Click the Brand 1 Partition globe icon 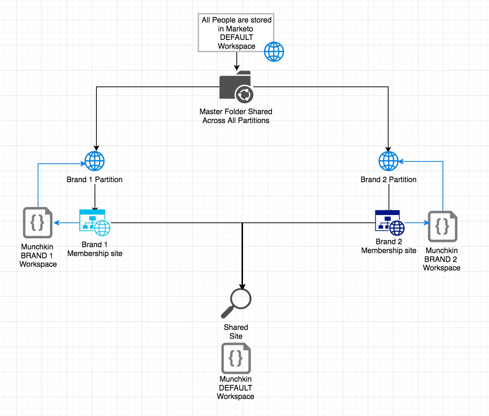click(x=95, y=161)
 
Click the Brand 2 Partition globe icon click(x=389, y=161)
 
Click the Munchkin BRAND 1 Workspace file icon click(x=38, y=222)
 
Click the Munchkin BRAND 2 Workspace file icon click(x=442, y=226)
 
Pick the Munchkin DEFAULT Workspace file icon click(x=236, y=358)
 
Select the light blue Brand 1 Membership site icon click(x=95, y=222)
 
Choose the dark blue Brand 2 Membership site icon click(x=389, y=222)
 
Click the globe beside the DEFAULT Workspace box click(x=274, y=51)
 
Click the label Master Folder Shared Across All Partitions click(x=236, y=116)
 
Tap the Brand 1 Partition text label click(x=95, y=180)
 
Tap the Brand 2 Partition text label click(x=389, y=180)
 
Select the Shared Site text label click(x=236, y=332)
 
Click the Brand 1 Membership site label click(x=95, y=249)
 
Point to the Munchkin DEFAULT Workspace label click(x=236, y=388)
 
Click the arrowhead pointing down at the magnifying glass click(x=242, y=287)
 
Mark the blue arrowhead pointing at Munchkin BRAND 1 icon click(x=57, y=223)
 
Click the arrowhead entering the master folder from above click(x=237, y=68)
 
